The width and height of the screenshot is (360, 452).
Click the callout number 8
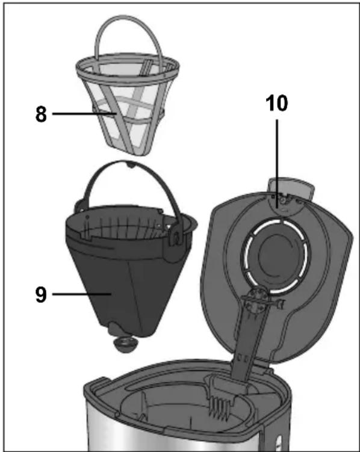[41, 114]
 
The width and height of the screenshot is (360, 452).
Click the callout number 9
[41, 294]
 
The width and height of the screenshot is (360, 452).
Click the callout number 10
[277, 103]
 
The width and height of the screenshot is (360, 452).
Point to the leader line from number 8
[84, 114]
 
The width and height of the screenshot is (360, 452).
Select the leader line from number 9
[82, 294]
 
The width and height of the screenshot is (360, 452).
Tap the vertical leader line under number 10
[277, 163]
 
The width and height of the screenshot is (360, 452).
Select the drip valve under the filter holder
[125, 344]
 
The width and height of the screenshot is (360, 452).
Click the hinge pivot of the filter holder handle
[176, 238]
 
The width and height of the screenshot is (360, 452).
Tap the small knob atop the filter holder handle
[130, 164]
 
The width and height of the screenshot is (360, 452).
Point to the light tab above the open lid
[291, 187]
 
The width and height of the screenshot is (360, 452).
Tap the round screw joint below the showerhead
[256, 300]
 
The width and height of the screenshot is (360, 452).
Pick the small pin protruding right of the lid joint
[281, 303]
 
